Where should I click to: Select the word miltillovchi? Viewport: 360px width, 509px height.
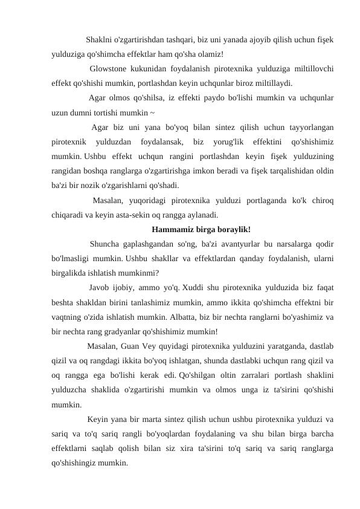click(312, 68)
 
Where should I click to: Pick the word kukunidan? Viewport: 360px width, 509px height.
click(149, 68)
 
